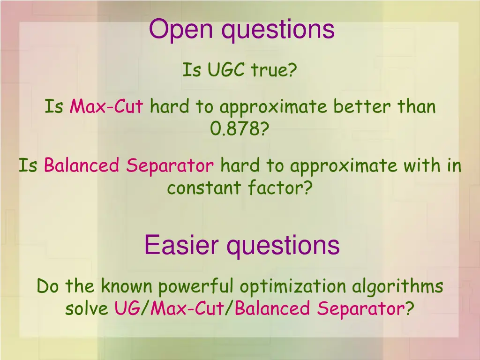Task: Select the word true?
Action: tap(274, 70)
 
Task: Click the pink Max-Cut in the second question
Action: tap(106, 107)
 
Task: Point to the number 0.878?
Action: tap(240, 128)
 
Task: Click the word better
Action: tap(363, 107)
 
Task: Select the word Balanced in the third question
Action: tap(82, 165)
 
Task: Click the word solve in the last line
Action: tap(87, 309)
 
